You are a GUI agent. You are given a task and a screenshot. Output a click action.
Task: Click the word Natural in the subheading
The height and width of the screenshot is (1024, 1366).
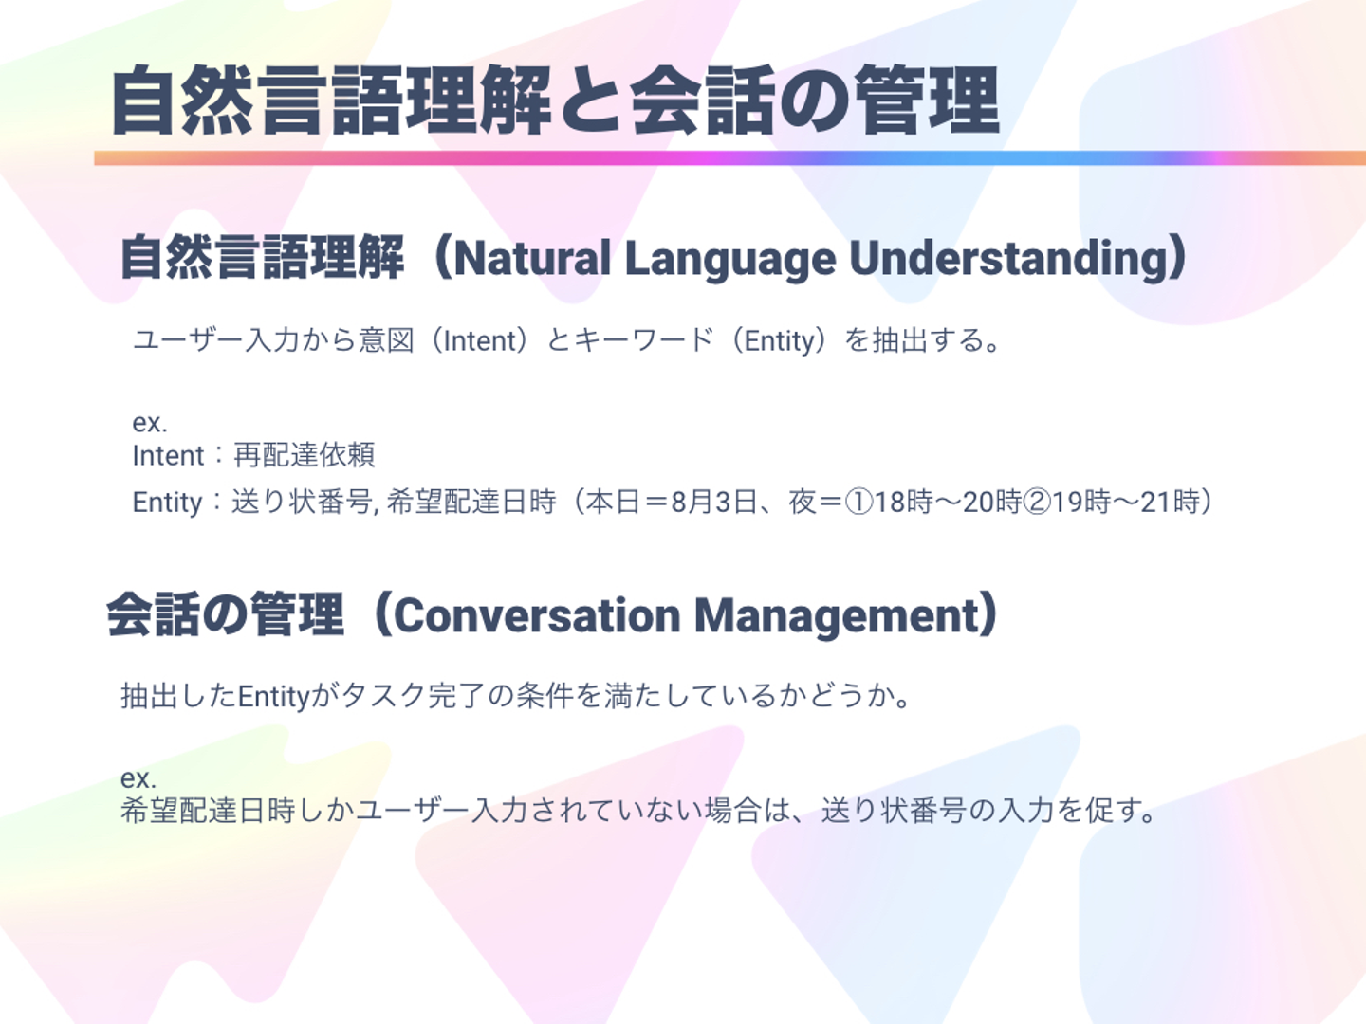[x=532, y=258]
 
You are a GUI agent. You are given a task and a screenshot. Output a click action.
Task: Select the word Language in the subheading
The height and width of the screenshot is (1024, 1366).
[x=730, y=261]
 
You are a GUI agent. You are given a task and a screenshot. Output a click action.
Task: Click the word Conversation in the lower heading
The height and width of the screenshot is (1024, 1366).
[x=537, y=616]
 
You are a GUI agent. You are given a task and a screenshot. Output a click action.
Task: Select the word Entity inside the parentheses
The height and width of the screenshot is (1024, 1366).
[x=779, y=341]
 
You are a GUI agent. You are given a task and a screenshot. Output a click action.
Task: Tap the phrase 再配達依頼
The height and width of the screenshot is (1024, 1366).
[x=305, y=454]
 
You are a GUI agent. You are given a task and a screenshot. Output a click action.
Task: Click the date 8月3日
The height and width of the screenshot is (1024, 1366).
[x=713, y=502]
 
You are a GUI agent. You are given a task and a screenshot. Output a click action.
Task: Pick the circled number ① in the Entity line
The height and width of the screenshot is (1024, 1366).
[x=858, y=502]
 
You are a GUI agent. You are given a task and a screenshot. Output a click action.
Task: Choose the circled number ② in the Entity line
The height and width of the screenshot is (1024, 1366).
[x=1036, y=502]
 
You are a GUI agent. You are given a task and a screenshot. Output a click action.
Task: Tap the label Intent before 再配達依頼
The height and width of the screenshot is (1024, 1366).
[x=168, y=455]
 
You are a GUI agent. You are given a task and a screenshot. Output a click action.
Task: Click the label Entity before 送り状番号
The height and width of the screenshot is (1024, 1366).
[x=167, y=503]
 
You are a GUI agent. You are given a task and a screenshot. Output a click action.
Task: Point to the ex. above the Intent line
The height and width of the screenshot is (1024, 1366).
[x=150, y=423]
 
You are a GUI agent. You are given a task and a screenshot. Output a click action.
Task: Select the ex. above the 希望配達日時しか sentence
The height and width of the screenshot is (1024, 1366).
[x=138, y=777]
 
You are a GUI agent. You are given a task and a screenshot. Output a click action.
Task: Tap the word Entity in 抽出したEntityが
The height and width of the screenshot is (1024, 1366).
[x=274, y=696]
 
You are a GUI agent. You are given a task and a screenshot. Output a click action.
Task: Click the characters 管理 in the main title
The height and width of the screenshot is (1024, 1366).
[x=927, y=101]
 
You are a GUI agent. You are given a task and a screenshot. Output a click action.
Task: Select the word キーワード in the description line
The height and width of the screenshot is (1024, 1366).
[x=643, y=340]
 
